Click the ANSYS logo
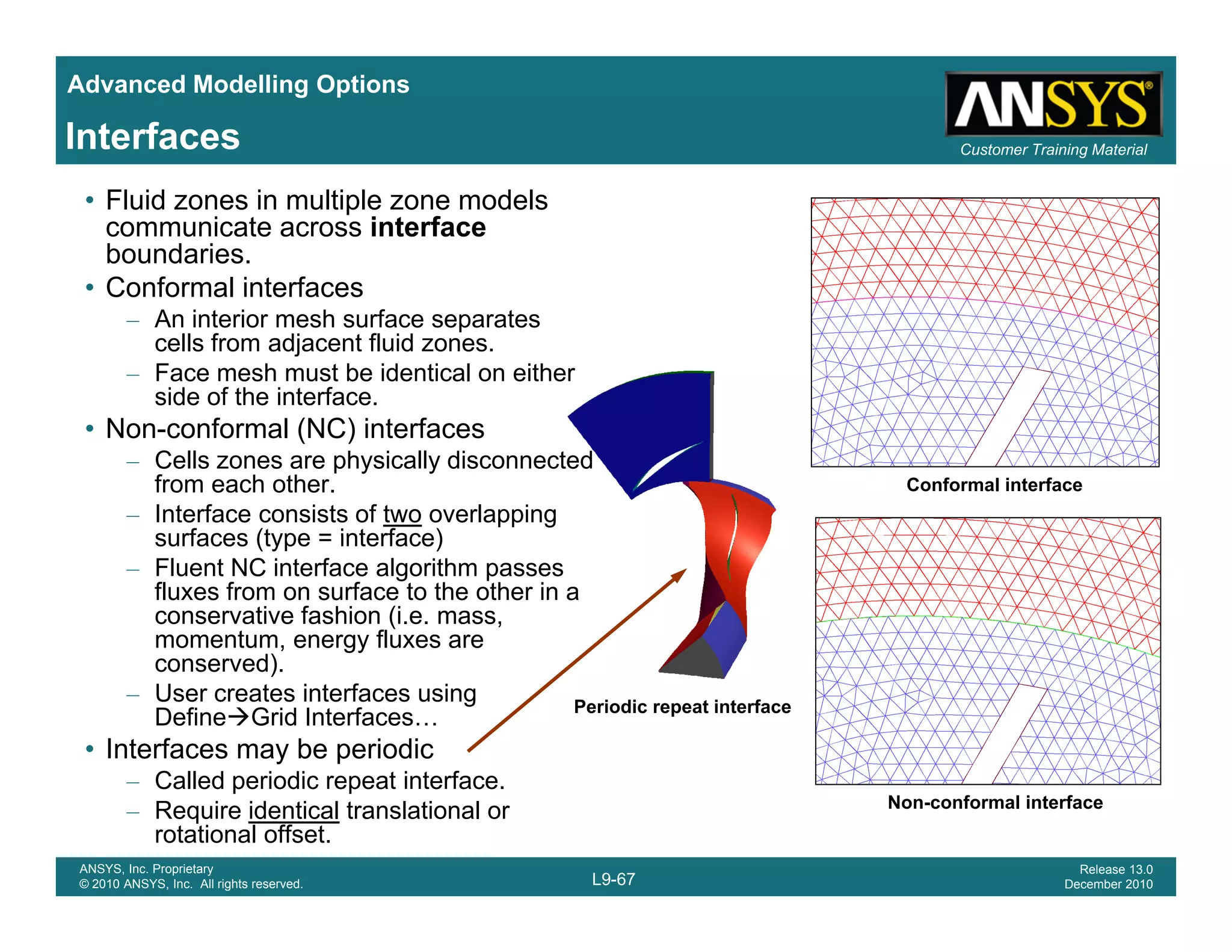point(1053,104)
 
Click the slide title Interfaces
point(153,137)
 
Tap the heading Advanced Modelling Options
point(238,84)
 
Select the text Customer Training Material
point(1053,149)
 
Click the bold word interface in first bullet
point(428,227)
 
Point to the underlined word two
point(402,515)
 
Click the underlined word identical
point(294,811)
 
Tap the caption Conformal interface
point(994,485)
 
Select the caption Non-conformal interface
point(995,802)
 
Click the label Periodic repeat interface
point(682,706)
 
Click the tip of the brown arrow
point(685,570)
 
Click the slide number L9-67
point(613,879)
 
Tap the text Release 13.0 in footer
point(1115,869)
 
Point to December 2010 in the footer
point(1108,884)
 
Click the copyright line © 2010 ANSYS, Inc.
point(191,884)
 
